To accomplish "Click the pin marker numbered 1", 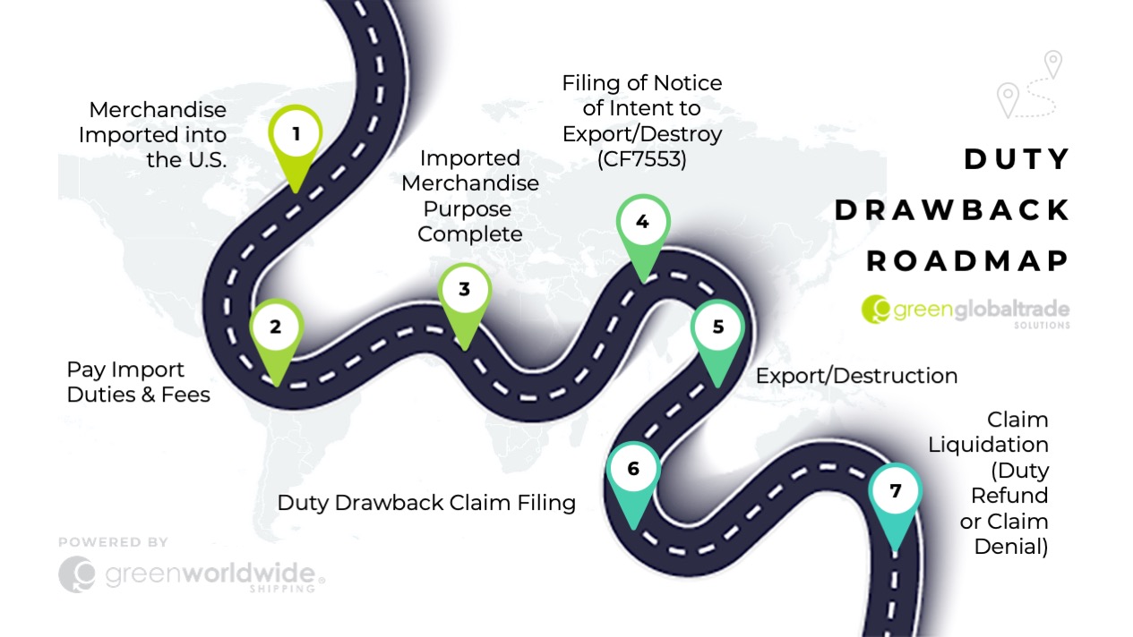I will point(296,136).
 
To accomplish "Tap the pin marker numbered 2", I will point(276,328).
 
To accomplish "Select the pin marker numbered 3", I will point(464,291).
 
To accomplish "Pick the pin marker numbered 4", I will point(642,223).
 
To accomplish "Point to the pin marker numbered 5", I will point(717,328).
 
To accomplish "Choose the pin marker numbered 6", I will point(633,470).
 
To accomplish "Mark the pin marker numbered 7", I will point(896,491).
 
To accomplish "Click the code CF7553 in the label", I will point(642,159).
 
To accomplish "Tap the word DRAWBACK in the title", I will point(952,210).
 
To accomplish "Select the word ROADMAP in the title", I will point(967,260).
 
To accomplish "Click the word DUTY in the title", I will point(1017,159).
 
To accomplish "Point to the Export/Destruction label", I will point(856,376).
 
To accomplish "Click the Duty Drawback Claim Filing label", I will point(426,503).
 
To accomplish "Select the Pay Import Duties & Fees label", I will point(138,382).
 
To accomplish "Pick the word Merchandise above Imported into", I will point(158,110).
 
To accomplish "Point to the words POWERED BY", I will point(113,542).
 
